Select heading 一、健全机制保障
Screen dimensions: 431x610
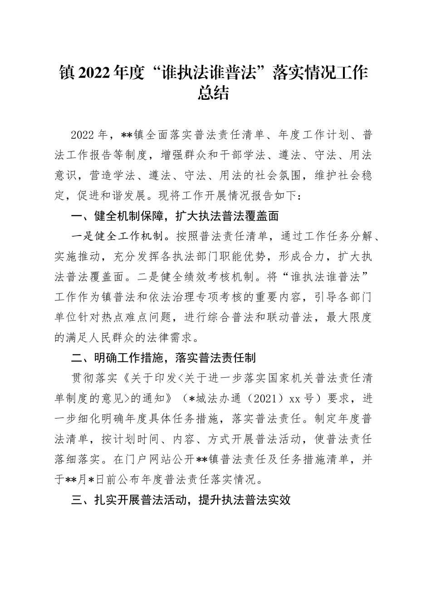point(119,216)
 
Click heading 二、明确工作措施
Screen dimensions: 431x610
point(119,358)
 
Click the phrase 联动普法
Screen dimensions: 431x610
point(290,318)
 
